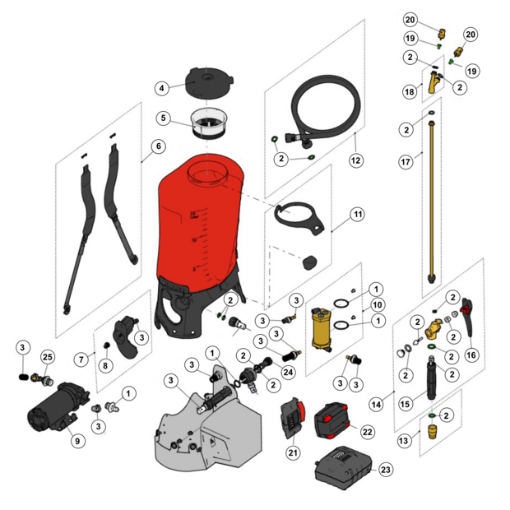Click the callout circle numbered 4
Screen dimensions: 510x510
point(162,88)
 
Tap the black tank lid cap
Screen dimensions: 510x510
point(209,82)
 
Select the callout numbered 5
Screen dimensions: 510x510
point(164,118)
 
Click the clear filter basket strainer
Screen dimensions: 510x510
point(208,123)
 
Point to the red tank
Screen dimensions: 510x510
point(200,225)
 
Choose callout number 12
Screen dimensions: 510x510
point(356,160)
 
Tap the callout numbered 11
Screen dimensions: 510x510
point(358,215)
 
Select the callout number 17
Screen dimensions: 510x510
point(406,162)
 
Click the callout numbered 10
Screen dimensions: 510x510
point(378,304)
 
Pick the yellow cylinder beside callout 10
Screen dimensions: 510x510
point(322,329)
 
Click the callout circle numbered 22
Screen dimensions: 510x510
point(367,432)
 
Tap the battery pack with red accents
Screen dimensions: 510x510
point(332,421)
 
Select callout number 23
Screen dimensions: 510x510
point(386,470)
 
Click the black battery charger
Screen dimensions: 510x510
point(344,468)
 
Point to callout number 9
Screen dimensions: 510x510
point(77,441)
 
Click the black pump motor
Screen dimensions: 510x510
point(58,407)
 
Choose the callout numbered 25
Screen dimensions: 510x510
point(48,357)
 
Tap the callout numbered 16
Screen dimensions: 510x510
point(471,355)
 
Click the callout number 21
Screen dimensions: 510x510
point(293,452)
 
